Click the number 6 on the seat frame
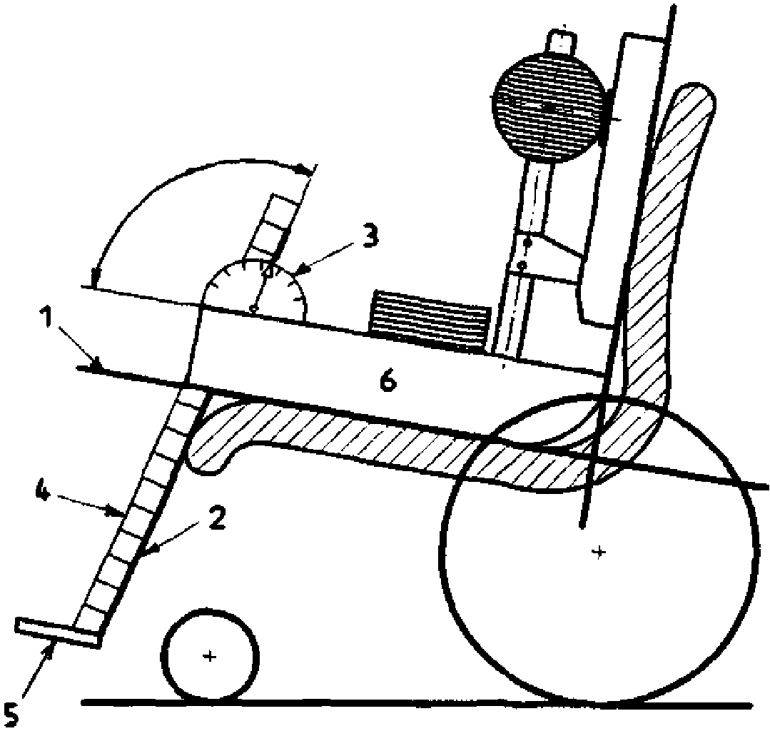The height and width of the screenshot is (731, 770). [386, 381]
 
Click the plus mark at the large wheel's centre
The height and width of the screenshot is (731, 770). [599, 551]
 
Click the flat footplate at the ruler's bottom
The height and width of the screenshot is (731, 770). [56, 632]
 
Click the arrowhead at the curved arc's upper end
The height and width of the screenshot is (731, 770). [306, 169]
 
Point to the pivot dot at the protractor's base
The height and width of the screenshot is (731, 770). [253, 308]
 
